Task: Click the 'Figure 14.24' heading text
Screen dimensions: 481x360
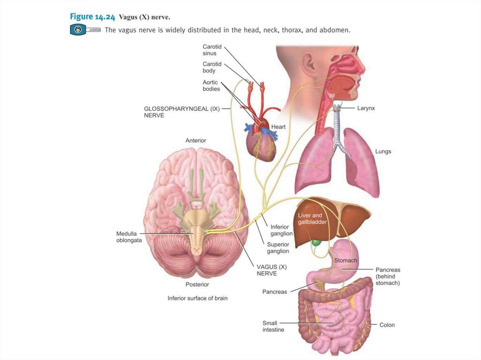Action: point(93,17)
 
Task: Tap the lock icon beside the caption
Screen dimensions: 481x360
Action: point(78,30)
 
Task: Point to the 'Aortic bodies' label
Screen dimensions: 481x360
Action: point(211,85)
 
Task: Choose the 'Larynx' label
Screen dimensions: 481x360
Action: point(366,108)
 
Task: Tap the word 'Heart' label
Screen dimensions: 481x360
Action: point(278,127)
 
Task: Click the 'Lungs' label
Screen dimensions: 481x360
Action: point(383,152)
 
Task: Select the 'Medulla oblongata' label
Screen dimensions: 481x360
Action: point(129,237)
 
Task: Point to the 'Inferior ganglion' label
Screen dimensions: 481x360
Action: point(281,230)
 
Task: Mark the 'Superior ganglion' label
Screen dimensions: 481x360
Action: point(278,247)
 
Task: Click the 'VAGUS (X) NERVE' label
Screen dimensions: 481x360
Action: point(271,270)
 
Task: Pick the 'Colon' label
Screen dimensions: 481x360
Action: point(387,325)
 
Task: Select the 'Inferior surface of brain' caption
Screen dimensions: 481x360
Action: point(197,298)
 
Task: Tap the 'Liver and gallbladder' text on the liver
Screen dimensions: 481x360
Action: point(312,218)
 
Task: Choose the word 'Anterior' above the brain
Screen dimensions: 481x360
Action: point(195,140)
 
